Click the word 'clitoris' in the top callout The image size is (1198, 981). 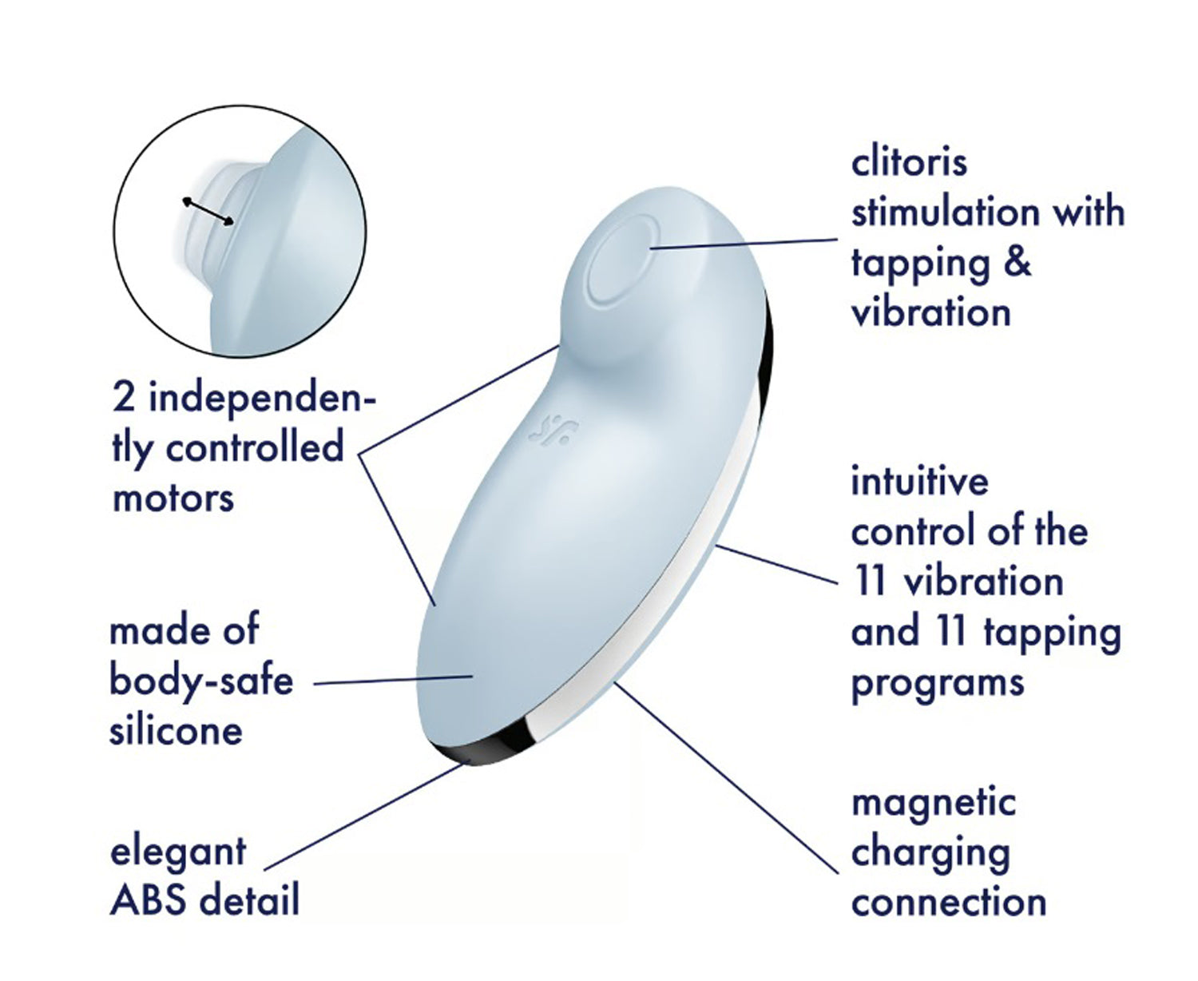[x=909, y=162]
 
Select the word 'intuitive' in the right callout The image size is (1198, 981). [x=919, y=482]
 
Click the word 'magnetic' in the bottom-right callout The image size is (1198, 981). [x=933, y=804]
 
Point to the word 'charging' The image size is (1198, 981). [x=930, y=854]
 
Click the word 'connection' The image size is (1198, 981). [x=949, y=903]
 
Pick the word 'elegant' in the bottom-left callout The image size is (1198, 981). [x=177, y=852]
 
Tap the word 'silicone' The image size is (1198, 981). [x=176, y=731]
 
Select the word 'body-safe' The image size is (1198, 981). [x=201, y=681]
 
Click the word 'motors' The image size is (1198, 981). [x=173, y=498]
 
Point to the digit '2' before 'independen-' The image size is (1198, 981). [x=124, y=398]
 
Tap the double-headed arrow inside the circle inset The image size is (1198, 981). [x=208, y=212]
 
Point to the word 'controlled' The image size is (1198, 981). [x=254, y=447]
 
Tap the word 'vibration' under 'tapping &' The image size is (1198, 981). [x=931, y=312]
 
